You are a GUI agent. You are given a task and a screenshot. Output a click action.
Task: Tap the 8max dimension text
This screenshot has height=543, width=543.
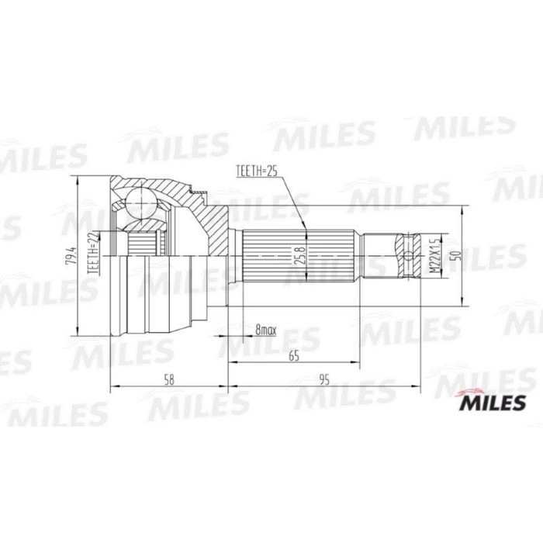click(x=265, y=331)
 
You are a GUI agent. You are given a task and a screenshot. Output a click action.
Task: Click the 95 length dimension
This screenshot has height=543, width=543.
click(x=324, y=381)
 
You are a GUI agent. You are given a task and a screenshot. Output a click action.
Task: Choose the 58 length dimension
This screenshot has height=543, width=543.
click(x=170, y=381)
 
